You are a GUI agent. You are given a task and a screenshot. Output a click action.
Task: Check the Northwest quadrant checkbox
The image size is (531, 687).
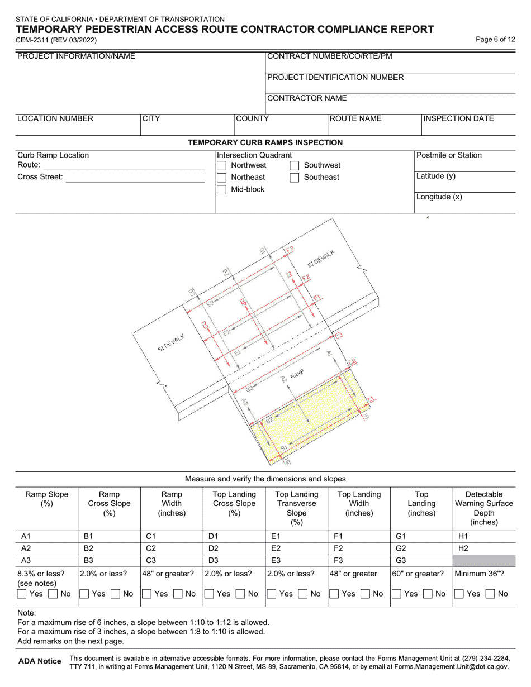point(221,165)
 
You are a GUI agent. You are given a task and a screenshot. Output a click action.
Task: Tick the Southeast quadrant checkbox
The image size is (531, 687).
point(295,178)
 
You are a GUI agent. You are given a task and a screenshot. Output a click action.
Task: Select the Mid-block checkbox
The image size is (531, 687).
point(221,190)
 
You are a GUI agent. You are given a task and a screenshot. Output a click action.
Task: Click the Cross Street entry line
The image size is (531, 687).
point(135,178)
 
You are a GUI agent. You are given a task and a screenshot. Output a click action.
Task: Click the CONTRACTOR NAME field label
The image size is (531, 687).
point(307,98)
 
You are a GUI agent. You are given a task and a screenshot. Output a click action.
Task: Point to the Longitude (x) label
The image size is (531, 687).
point(439,197)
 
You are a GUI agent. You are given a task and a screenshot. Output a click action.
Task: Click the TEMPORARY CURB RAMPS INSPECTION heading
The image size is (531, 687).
point(265,142)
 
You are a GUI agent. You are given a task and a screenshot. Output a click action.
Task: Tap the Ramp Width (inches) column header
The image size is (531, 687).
point(172,503)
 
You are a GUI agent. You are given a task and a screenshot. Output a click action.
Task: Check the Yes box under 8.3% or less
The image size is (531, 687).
point(22,594)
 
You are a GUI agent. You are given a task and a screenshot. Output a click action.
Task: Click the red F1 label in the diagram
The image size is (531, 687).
point(317,298)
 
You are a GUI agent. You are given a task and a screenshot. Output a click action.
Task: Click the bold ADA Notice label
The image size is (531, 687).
point(40,661)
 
